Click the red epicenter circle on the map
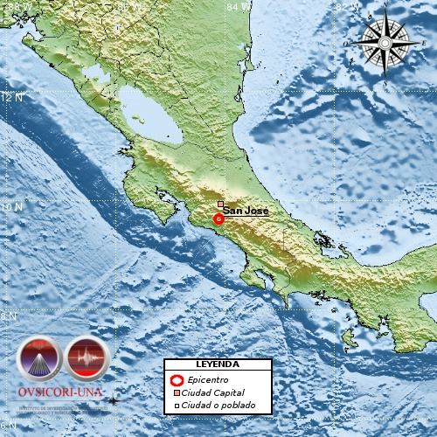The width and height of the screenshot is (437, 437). pyautogui.click(x=218, y=219)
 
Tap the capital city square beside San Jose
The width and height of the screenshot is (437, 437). pyautogui.click(x=221, y=204)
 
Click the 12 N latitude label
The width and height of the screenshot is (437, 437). pyautogui.click(x=10, y=98)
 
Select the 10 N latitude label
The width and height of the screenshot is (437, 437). pyautogui.click(x=10, y=207)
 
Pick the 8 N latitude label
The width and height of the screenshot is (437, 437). pyautogui.click(x=10, y=316)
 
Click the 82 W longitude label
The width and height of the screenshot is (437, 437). pyautogui.click(x=348, y=6)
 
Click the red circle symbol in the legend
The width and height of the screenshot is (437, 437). pyautogui.click(x=177, y=380)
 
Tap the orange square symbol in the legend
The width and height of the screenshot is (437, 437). pyautogui.click(x=177, y=393)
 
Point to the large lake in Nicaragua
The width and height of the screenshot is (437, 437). pyautogui.click(x=151, y=121)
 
